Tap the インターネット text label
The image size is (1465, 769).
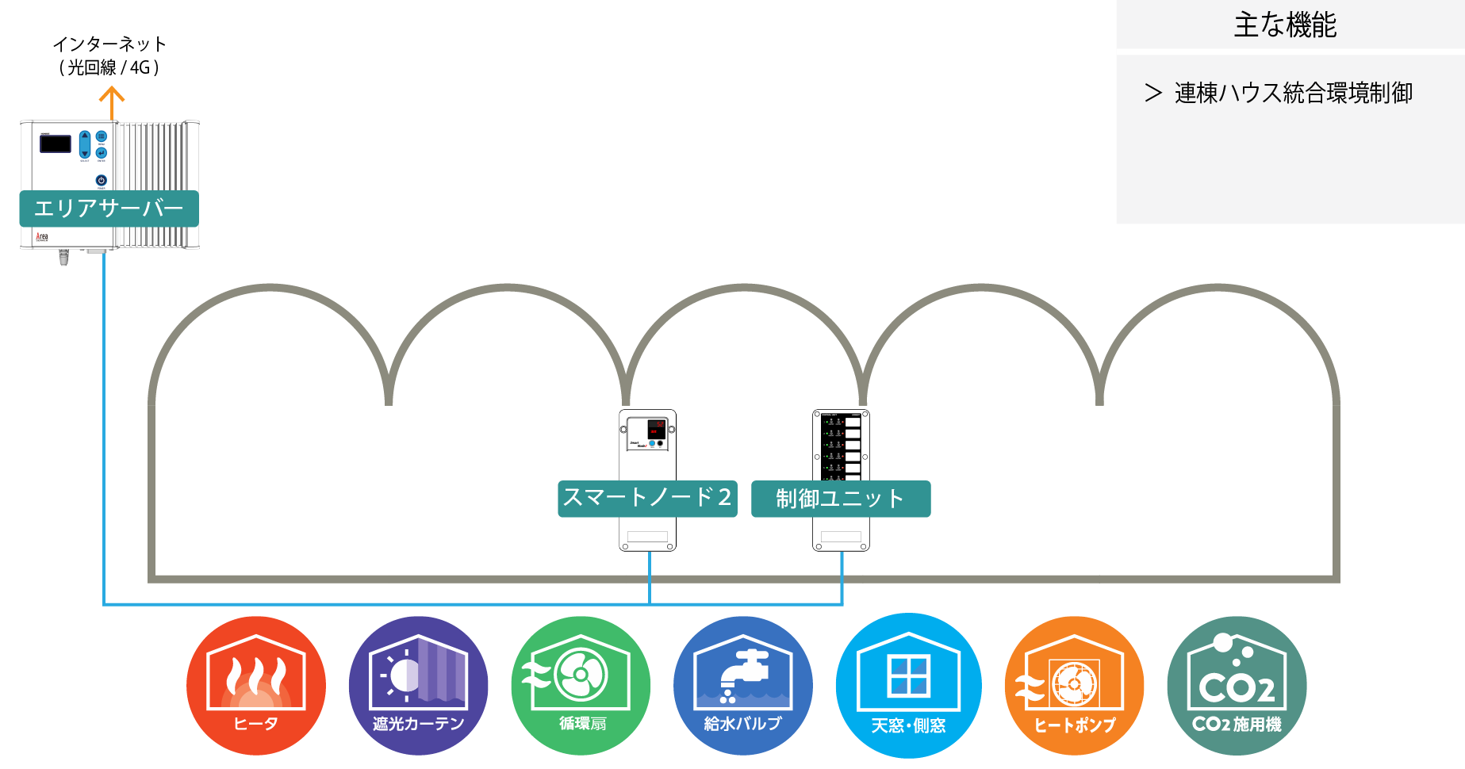pos(109,44)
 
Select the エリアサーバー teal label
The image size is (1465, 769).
pos(109,209)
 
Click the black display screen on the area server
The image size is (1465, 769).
pos(56,143)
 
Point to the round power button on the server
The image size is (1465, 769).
pos(101,180)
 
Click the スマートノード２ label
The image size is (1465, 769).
pos(647,498)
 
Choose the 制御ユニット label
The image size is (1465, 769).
pos(841,499)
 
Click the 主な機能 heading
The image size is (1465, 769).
pos(1285,25)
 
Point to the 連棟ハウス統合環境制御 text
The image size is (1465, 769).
pos(1294,93)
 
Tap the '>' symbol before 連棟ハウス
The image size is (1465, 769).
pos(1153,94)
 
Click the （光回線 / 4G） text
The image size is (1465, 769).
pos(109,67)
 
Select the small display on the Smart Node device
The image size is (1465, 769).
pos(656,429)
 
